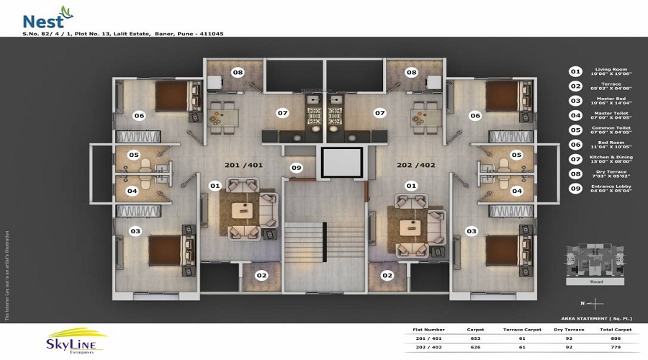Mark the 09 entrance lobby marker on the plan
(x=296, y=168)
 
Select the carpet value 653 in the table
(x=476, y=338)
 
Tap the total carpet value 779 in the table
(x=619, y=347)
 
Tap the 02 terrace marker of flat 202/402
(x=387, y=275)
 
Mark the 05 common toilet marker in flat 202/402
(x=516, y=155)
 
